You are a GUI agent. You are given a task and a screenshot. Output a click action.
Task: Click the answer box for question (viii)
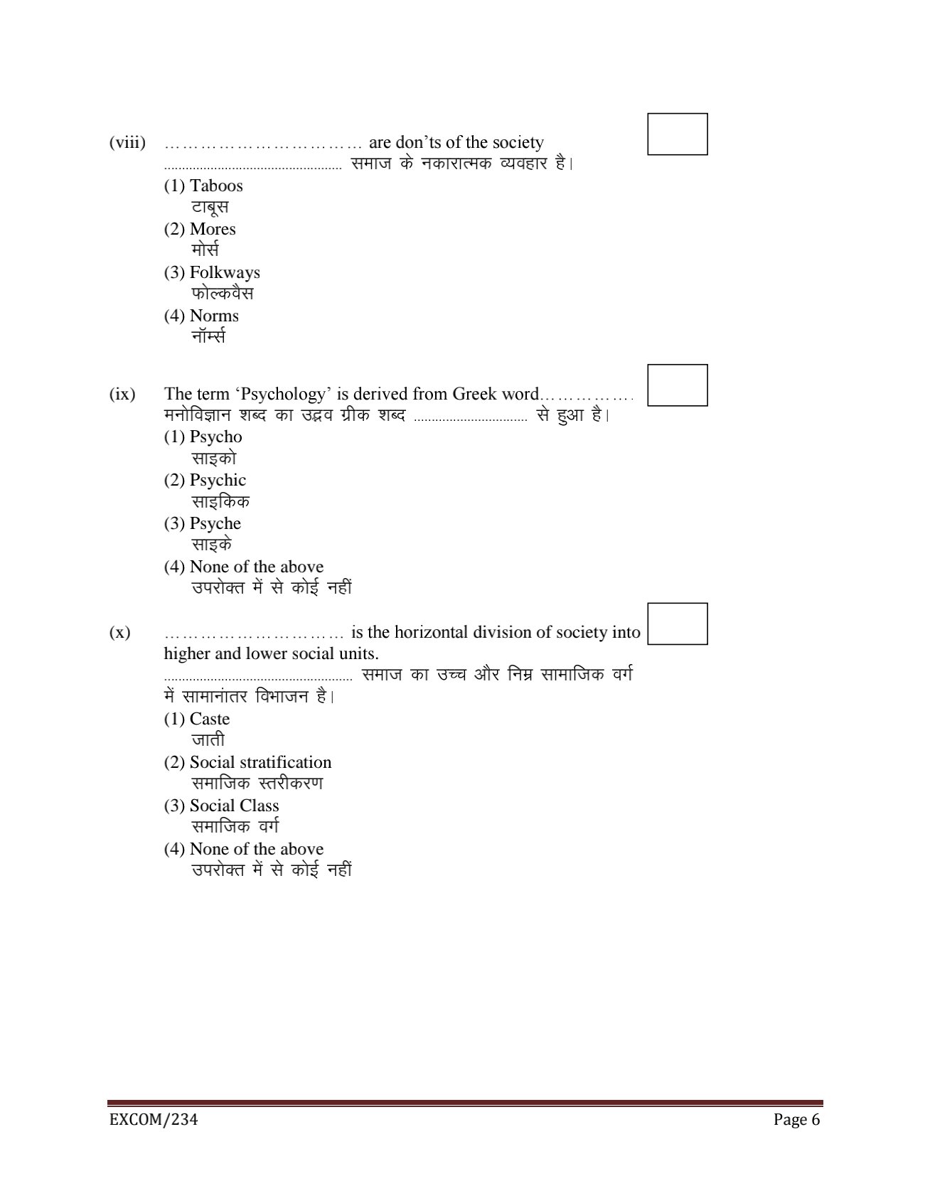point(677,134)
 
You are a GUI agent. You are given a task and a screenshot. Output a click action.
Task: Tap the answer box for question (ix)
point(677,385)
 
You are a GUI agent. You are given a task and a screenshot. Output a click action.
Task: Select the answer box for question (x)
point(677,624)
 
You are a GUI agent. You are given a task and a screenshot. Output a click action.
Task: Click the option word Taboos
point(216,186)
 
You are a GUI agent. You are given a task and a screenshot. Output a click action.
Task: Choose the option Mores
point(213,230)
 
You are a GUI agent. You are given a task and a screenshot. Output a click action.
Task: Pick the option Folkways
point(225,273)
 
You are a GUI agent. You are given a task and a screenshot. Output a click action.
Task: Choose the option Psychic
point(218,481)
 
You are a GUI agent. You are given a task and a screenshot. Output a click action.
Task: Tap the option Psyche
point(215,524)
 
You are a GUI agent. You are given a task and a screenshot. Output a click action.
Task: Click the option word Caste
point(210,720)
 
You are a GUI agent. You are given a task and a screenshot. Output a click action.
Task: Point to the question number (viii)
point(127,143)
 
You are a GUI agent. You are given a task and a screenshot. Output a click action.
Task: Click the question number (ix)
point(122,395)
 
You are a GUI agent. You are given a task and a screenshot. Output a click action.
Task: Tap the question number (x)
point(120,633)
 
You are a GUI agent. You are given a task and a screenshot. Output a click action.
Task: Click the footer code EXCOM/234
point(153,1121)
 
